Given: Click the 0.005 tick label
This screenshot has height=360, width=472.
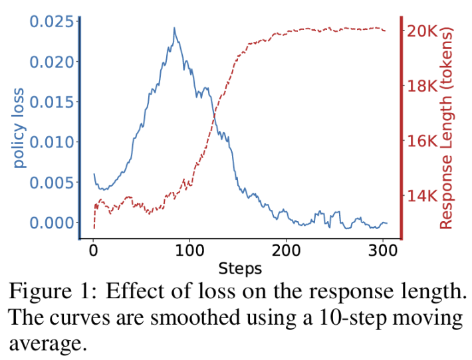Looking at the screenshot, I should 51,183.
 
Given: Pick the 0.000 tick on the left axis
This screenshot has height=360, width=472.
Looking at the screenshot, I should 51,223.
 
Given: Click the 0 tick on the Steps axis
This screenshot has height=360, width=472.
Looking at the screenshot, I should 93,251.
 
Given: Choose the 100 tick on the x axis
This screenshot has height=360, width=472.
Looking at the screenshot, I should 189,251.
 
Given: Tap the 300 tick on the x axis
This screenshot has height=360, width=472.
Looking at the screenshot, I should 382,251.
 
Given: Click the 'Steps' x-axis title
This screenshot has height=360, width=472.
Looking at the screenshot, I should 240,269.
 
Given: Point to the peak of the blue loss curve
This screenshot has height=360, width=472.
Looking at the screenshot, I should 174,28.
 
